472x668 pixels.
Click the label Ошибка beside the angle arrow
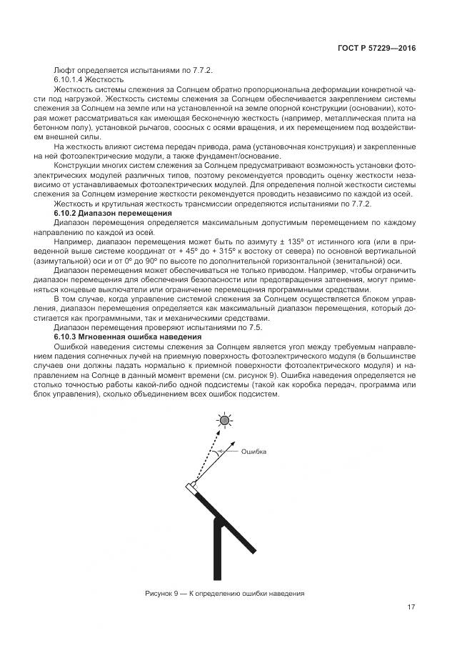(x=253, y=452)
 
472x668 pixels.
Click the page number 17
(x=411, y=607)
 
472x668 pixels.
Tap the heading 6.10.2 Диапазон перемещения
(x=114, y=213)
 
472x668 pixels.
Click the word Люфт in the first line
(x=65, y=69)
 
